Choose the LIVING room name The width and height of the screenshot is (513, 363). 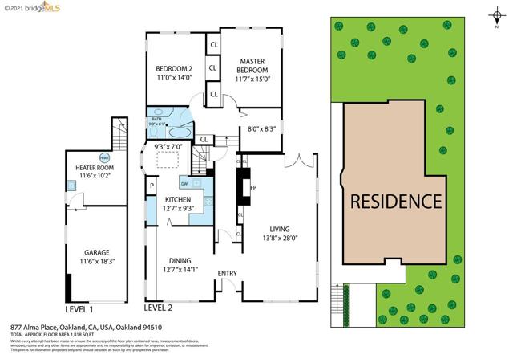coord(280,227)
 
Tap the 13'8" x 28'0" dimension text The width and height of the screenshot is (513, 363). coord(280,238)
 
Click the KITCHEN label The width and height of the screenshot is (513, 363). coord(178,198)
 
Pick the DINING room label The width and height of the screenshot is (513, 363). coord(180,259)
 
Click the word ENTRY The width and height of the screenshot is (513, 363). coord(228,275)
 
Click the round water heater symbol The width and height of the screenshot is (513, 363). coord(104,157)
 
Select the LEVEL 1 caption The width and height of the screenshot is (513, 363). coord(79,308)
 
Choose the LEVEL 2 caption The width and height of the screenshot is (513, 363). coord(158,308)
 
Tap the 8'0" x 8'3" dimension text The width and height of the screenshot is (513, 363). coord(261,128)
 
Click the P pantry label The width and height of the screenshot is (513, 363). coord(151,186)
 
